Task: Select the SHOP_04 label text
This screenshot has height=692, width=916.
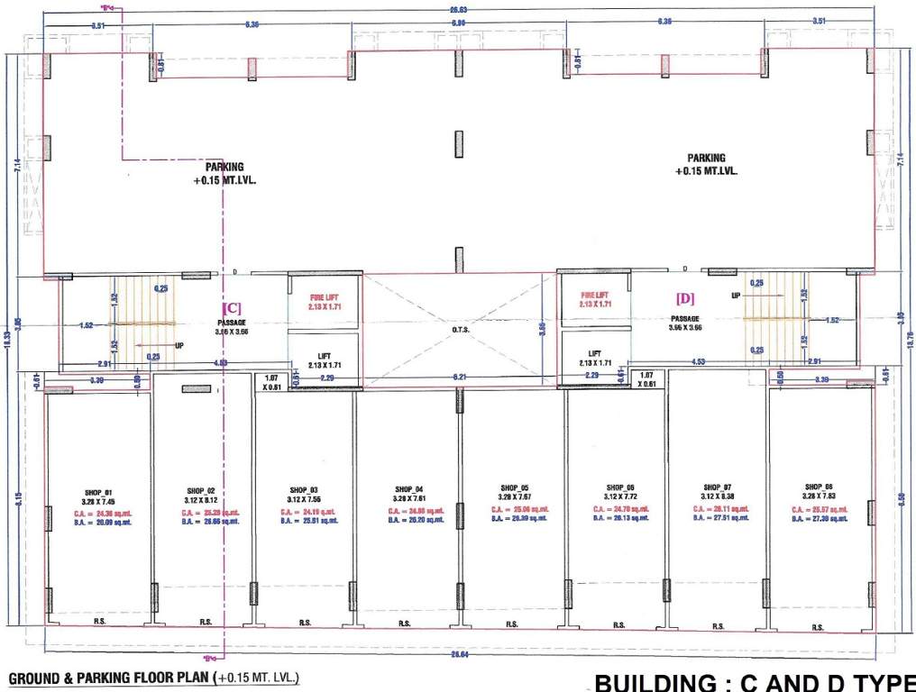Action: (408, 488)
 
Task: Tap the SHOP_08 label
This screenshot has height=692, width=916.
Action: (820, 486)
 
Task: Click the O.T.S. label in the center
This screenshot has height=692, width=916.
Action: (460, 329)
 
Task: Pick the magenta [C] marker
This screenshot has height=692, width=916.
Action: (232, 307)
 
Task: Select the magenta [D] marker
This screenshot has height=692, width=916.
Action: (685, 296)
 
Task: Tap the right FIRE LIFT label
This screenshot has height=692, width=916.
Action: (594, 295)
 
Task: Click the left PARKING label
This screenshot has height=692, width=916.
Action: (224, 167)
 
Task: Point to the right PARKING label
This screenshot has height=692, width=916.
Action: (706, 158)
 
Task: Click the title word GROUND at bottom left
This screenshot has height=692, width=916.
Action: (34, 677)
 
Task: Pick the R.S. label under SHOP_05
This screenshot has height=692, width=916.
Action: (511, 624)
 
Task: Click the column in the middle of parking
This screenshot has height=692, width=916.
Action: (459, 144)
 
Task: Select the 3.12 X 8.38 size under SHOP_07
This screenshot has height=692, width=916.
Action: (718, 496)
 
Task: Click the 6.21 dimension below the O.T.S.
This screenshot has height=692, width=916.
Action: (460, 377)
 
